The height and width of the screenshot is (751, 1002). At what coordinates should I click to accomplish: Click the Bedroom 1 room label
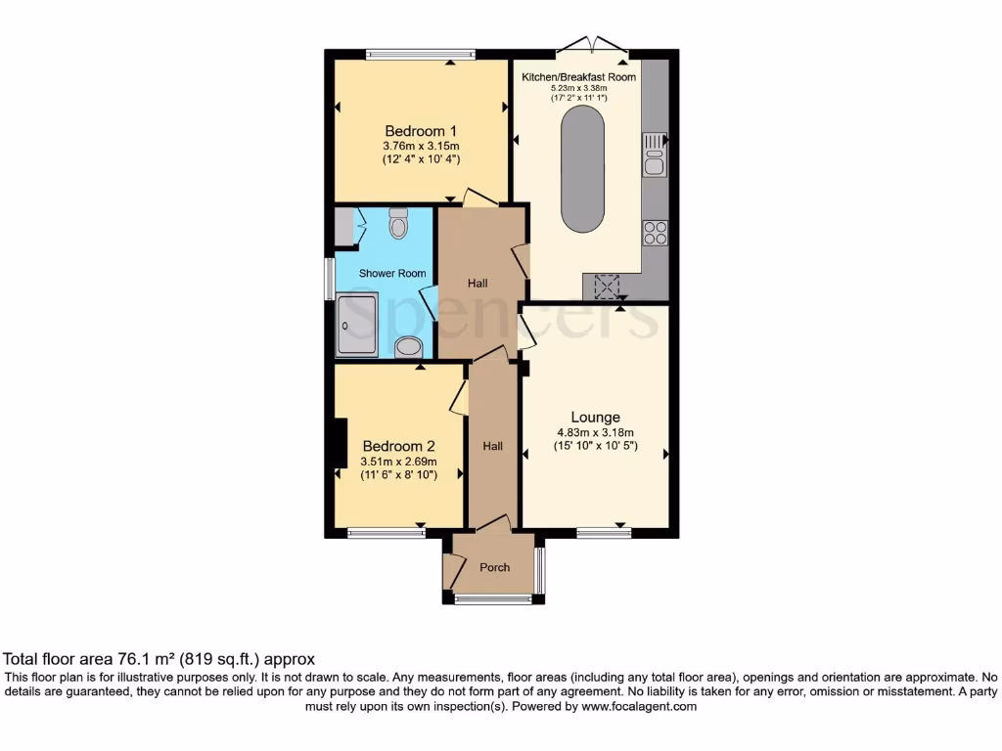[421, 131]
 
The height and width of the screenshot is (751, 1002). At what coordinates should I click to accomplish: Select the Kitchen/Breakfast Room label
[578, 77]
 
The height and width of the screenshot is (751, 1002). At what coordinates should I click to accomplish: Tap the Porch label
[494, 567]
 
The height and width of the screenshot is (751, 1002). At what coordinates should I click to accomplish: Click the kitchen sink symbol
[654, 155]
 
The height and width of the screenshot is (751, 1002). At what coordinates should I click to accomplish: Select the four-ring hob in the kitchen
[655, 233]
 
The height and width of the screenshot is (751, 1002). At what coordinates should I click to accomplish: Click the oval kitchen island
[582, 168]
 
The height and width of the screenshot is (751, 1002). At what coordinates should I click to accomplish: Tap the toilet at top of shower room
[398, 224]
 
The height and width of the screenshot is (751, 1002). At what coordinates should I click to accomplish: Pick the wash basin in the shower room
[409, 346]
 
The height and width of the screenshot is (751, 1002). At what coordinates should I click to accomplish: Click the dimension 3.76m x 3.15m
[421, 147]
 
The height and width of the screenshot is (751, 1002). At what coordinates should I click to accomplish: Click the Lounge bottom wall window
[603, 533]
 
